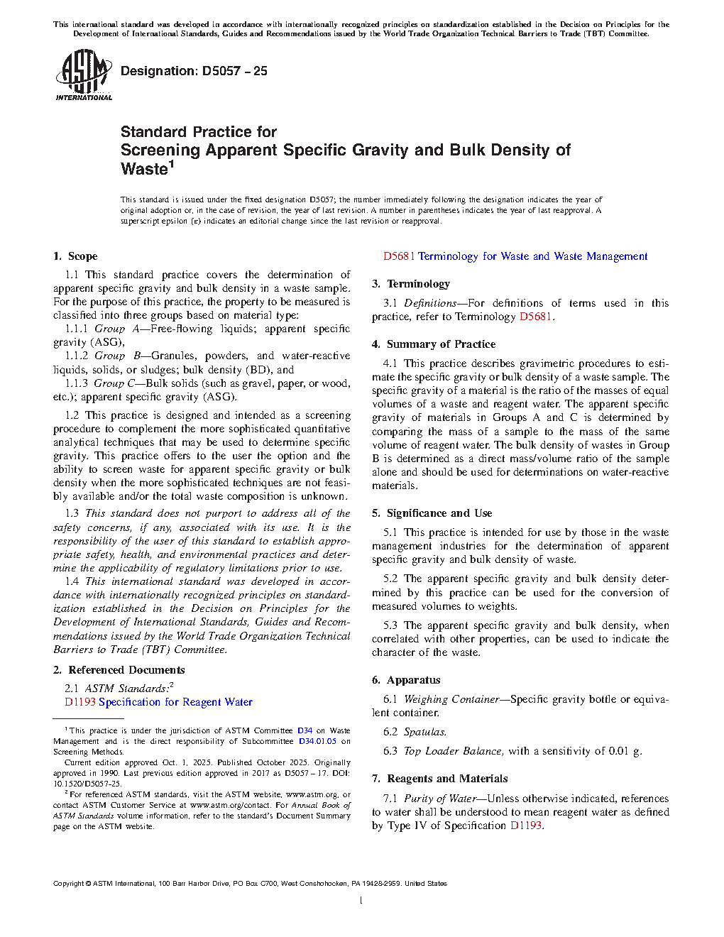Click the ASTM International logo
click(84, 75)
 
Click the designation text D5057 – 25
click(194, 71)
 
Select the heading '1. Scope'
click(75, 256)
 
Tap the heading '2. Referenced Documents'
click(119, 670)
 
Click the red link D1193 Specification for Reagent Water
click(158, 702)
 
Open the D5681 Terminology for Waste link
click(515, 256)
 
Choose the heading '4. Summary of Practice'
click(433, 344)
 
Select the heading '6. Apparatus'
click(405, 680)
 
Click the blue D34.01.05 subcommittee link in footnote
click(317, 741)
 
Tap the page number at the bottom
click(361, 901)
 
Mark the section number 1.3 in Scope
click(72, 513)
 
